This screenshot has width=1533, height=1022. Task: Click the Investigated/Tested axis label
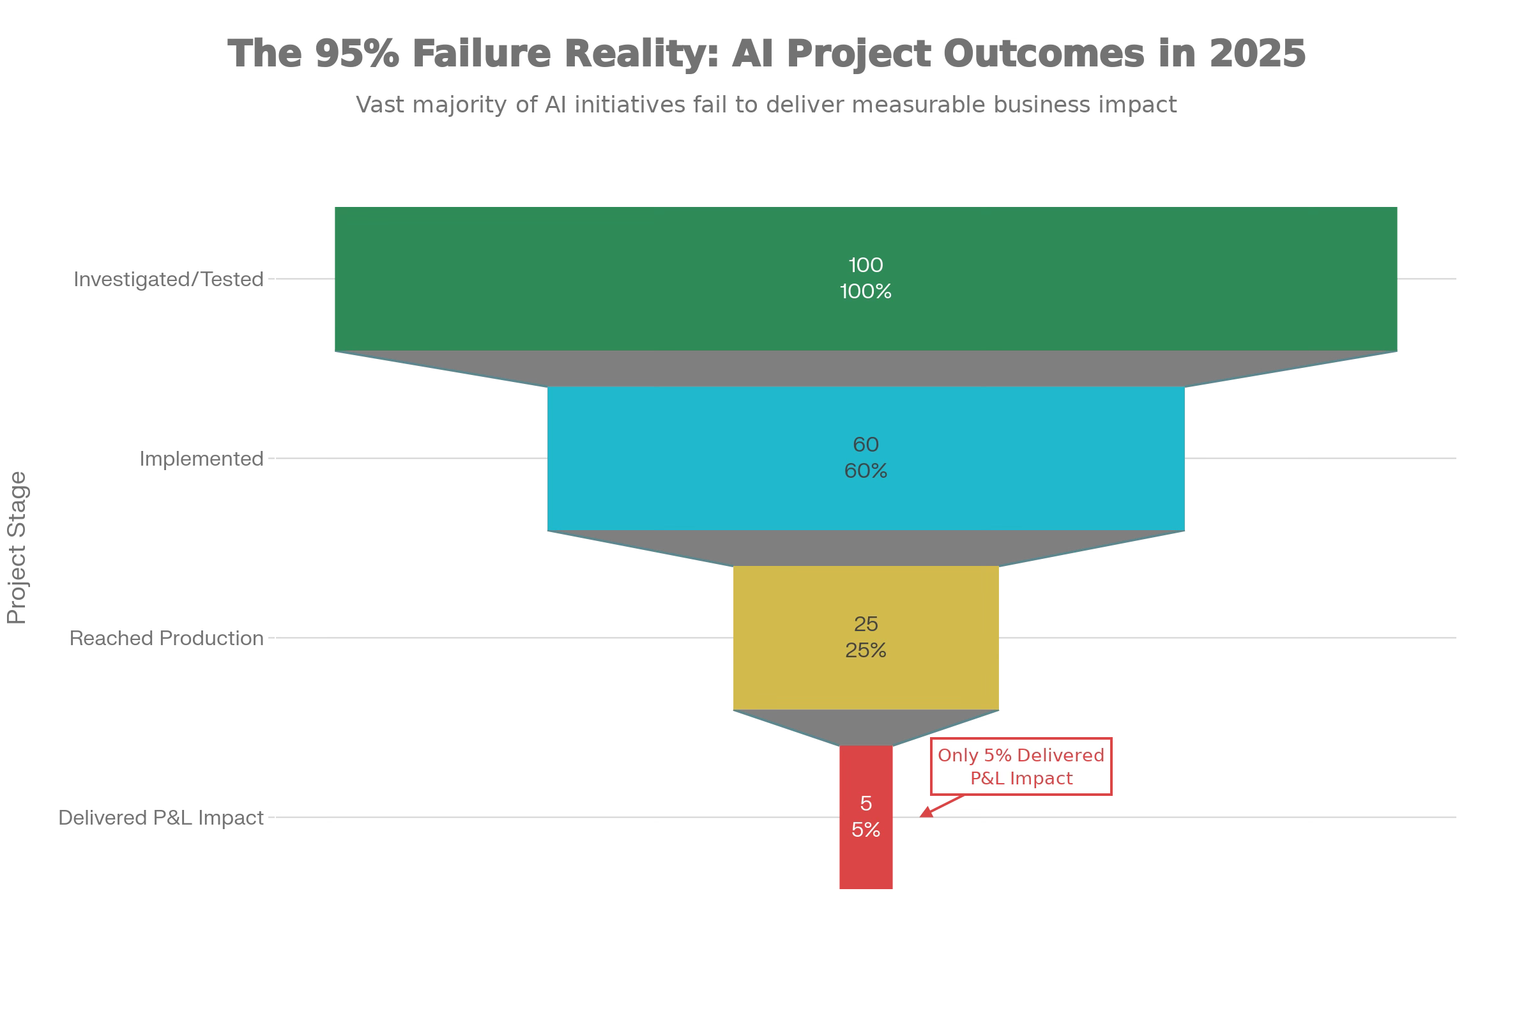pyautogui.click(x=168, y=280)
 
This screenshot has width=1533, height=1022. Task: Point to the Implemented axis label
pyautogui.click(x=201, y=459)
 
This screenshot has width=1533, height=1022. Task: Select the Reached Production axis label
pyautogui.click(x=166, y=638)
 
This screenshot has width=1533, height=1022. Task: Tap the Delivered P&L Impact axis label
pyautogui.click(x=161, y=818)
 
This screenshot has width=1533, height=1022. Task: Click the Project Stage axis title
pyautogui.click(x=17, y=547)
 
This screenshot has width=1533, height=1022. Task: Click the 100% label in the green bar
pyautogui.click(x=866, y=291)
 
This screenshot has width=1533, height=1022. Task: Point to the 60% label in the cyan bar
pyautogui.click(x=866, y=471)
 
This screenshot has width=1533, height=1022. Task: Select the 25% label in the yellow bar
pyautogui.click(x=866, y=650)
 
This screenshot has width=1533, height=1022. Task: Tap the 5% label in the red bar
pyautogui.click(x=866, y=830)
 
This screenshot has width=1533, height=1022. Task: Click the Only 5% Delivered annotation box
pyautogui.click(x=1021, y=766)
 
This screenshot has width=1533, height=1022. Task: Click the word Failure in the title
pyautogui.click(x=482, y=54)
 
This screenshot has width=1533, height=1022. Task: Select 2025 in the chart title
pyautogui.click(x=1257, y=54)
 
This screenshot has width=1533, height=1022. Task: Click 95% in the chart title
pyautogui.click(x=357, y=54)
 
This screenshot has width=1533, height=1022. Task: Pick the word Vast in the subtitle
pyautogui.click(x=379, y=104)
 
